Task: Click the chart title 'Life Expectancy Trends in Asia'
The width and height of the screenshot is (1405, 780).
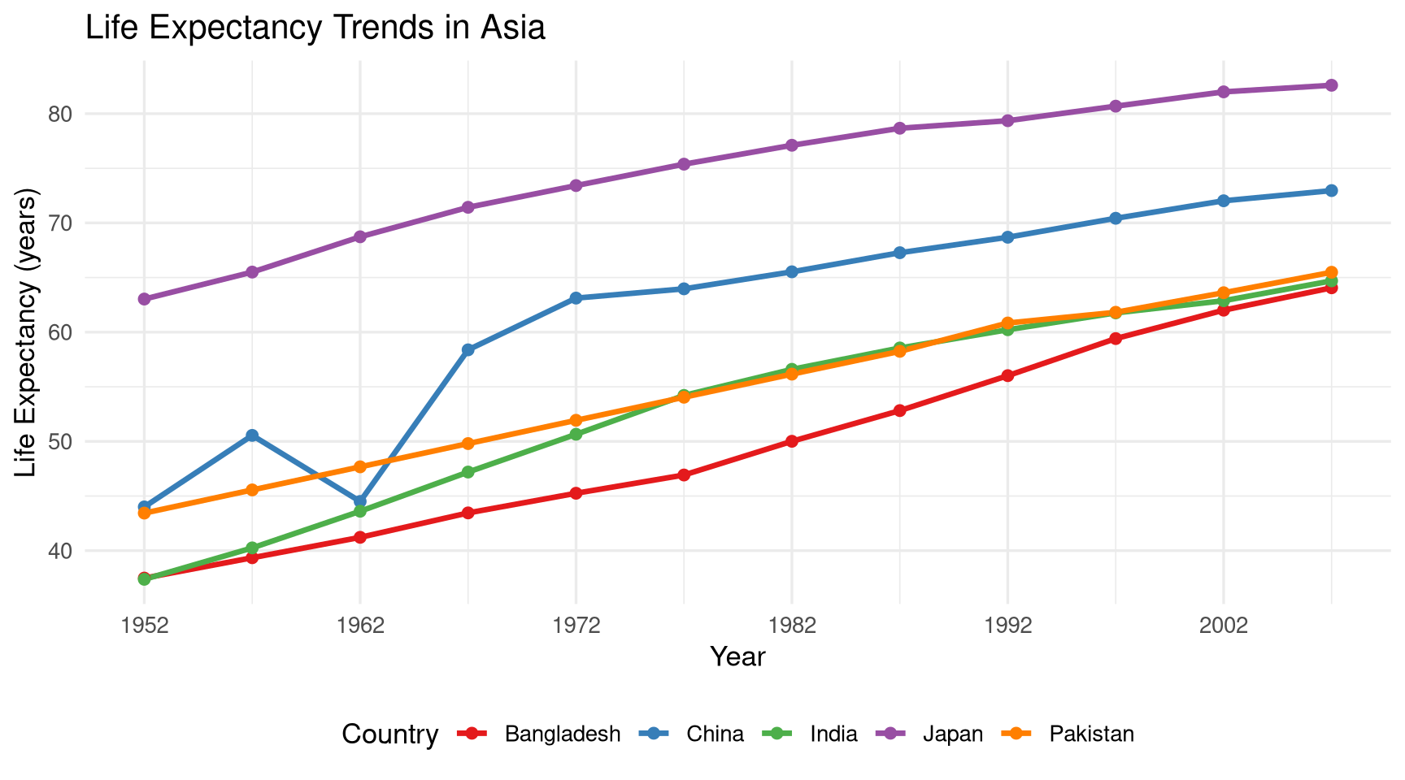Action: tap(315, 28)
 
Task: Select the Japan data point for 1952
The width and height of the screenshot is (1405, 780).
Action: tap(144, 299)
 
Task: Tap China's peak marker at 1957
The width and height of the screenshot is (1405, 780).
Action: tap(252, 435)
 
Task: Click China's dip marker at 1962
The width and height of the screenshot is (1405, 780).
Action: tap(360, 501)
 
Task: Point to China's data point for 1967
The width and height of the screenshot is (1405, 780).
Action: tap(468, 350)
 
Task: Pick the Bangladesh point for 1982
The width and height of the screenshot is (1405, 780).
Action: tap(792, 441)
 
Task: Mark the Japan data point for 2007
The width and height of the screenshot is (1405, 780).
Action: tap(1331, 85)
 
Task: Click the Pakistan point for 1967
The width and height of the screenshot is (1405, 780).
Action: tap(468, 444)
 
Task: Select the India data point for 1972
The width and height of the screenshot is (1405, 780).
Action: tap(576, 435)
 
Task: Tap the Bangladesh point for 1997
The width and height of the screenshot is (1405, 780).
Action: tap(1116, 339)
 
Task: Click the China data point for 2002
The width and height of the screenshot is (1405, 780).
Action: tap(1223, 201)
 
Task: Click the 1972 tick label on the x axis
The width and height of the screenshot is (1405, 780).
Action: tap(576, 626)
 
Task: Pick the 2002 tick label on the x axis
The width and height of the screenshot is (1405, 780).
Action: tap(1223, 626)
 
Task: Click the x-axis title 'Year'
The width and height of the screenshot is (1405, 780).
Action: tap(737, 656)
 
